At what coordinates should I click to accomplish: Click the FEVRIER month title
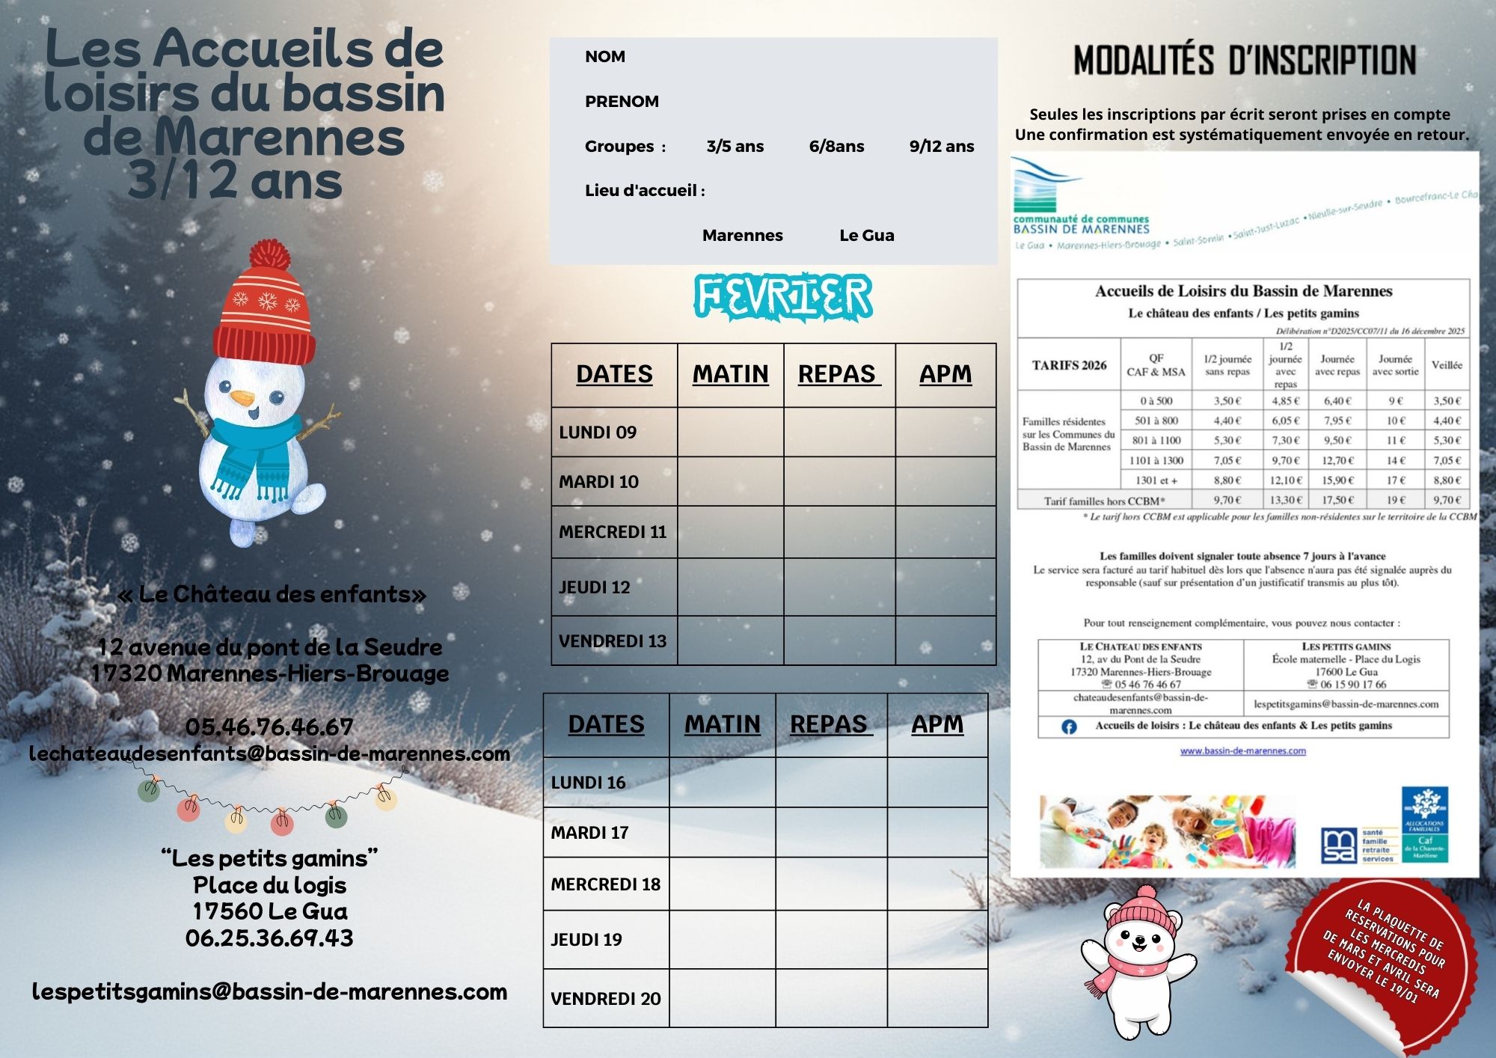(783, 296)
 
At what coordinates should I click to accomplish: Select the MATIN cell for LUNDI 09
(730, 432)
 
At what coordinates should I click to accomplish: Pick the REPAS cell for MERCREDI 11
(839, 531)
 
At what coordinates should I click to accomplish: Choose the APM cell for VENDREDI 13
(945, 640)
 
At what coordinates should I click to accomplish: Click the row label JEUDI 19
(586, 939)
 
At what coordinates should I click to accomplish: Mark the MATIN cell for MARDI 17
(722, 832)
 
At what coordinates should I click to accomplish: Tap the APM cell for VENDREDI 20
(937, 998)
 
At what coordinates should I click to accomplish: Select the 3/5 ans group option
(735, 147)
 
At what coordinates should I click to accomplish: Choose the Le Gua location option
(866, 236)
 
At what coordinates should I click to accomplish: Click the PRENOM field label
(622, 102)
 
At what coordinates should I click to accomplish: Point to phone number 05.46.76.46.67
(269, 727)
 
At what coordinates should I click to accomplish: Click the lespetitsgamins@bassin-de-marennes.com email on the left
(269, 991)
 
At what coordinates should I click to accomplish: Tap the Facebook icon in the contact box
(1069, 727)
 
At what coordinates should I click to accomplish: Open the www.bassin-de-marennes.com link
(1242, 750)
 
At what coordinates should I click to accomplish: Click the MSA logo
(1337, 846)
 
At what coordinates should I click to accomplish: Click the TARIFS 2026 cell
(1069, 365)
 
